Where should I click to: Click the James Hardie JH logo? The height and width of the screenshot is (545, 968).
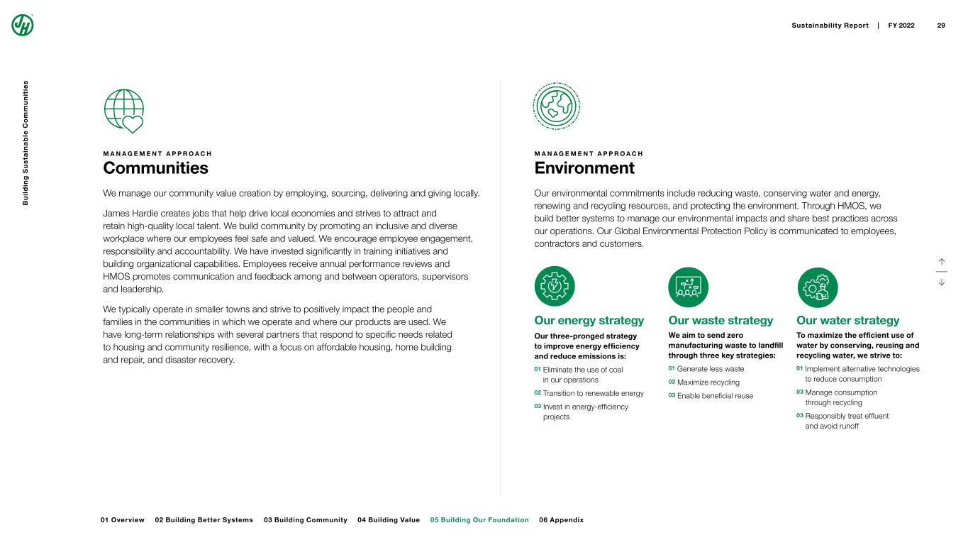tap(23, 25)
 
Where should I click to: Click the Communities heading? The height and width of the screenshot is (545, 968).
tap(155, 168)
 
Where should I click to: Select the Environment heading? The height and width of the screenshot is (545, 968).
tap(584, 168)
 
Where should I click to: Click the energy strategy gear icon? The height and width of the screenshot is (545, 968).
tap(555, 286)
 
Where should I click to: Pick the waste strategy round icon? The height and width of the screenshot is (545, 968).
tap(689, 286)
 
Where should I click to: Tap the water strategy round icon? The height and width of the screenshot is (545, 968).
tap(817, 286)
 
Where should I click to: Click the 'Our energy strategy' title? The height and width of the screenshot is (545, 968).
tap(589, 321)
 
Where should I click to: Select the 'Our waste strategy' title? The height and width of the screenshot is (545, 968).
tap(721, 321)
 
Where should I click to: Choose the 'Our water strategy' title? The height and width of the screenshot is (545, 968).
tap(847, 321)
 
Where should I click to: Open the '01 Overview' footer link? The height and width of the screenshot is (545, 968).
tap(123, 520)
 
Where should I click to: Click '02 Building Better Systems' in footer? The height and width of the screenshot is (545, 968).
tap(204, 520)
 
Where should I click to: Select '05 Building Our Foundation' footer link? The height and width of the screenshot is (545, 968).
tap(479, 520)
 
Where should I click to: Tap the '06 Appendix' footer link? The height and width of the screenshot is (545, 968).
tap(561, 520)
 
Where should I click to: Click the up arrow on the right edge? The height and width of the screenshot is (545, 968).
tap(941, 261)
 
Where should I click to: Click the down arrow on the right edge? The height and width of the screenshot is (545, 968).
tap(941, 282)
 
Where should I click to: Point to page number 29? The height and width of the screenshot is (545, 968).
tap(941, 26)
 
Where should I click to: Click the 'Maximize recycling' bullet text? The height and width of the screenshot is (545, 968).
tap(708, 382)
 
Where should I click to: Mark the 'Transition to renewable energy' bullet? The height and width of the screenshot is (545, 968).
tap(593, 393)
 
